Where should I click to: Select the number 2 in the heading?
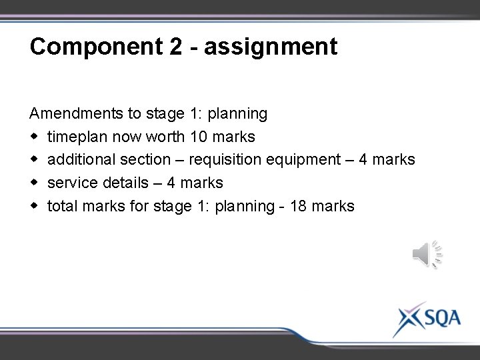(170, 47)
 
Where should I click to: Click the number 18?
(299, 206)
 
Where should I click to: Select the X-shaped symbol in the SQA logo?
(407, 319)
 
